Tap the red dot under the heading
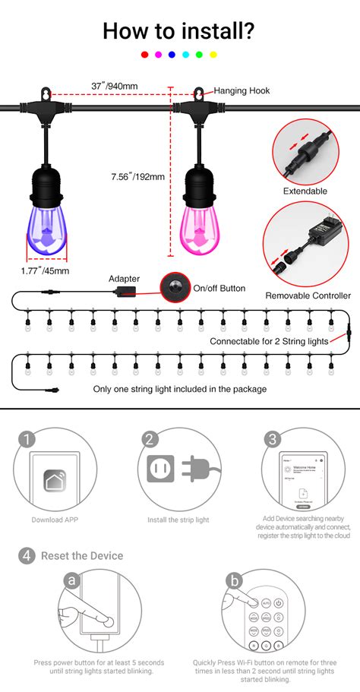click(x=144, y=55)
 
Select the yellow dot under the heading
click(x=213, y=55)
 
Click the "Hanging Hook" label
click(x=242, y=90)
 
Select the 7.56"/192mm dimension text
click(x=137, y=178)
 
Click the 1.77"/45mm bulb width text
click(x=45, y=270)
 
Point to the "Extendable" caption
click(x=305, y=191)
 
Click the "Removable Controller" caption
click(x=308, y=295)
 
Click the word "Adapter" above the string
click(x=124, y=279)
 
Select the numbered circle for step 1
click(x=27, y=439)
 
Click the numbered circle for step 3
click(x=273, y=439)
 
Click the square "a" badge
click(x=71, y=581)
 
